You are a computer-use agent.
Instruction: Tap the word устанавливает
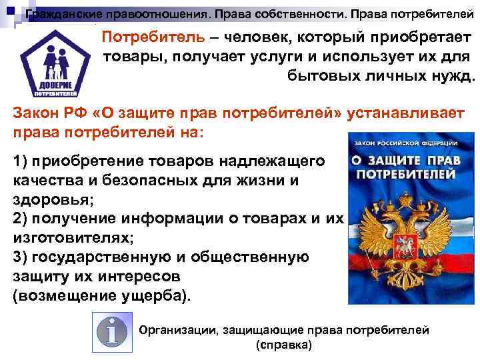(407, 113)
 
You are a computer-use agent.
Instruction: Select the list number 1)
(21, 161)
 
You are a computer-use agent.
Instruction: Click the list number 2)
(21, 219)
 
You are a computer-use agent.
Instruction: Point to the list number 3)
(21, 257)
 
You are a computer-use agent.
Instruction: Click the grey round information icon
(111, 332)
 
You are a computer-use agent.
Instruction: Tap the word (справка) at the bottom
(283, 346)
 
